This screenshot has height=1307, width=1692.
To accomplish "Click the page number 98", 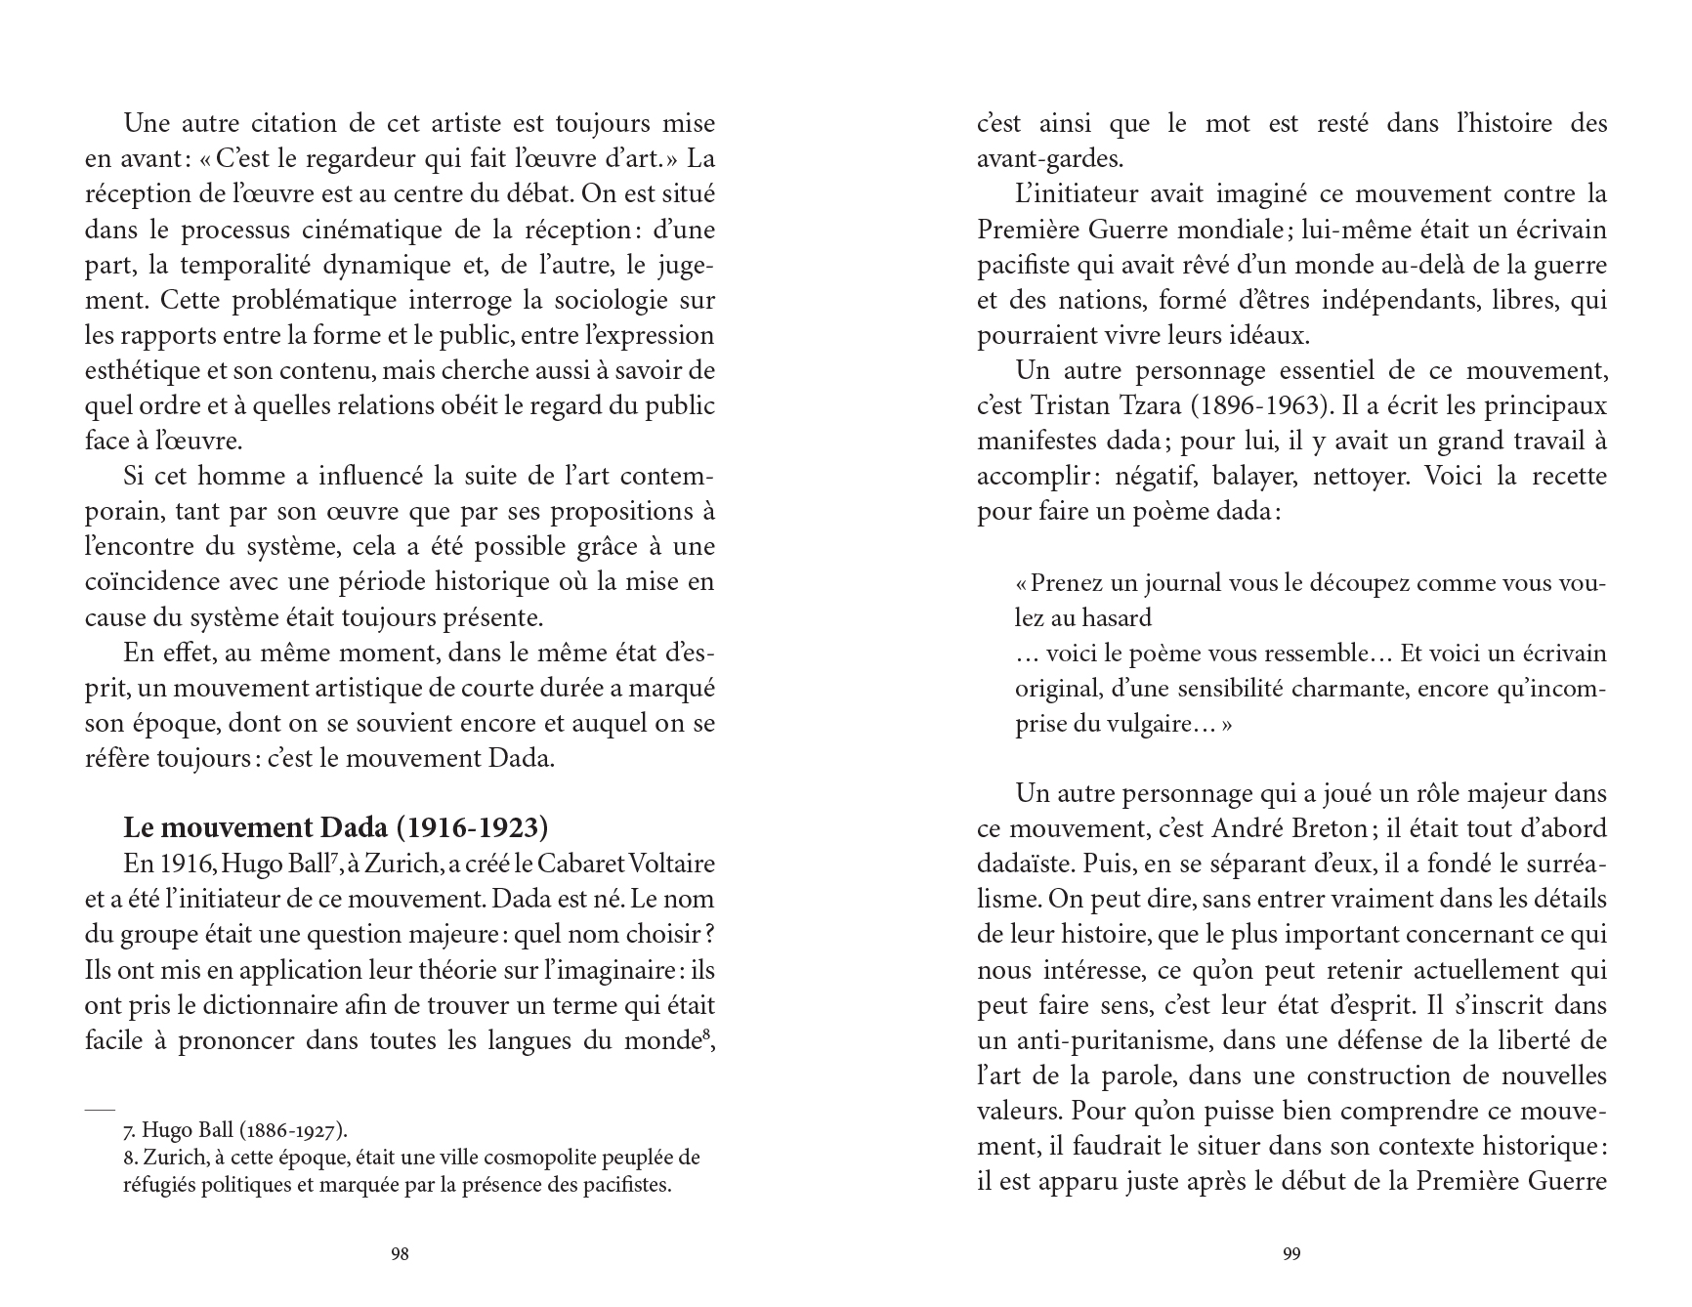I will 399,1254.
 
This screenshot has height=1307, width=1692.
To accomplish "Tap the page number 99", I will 1291,1254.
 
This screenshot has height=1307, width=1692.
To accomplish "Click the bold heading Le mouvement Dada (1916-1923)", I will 335,827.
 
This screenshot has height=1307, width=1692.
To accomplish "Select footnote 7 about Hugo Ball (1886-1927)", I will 235,1130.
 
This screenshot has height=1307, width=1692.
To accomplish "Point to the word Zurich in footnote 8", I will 173,1158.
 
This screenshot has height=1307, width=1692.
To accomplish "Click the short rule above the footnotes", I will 100,1111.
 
